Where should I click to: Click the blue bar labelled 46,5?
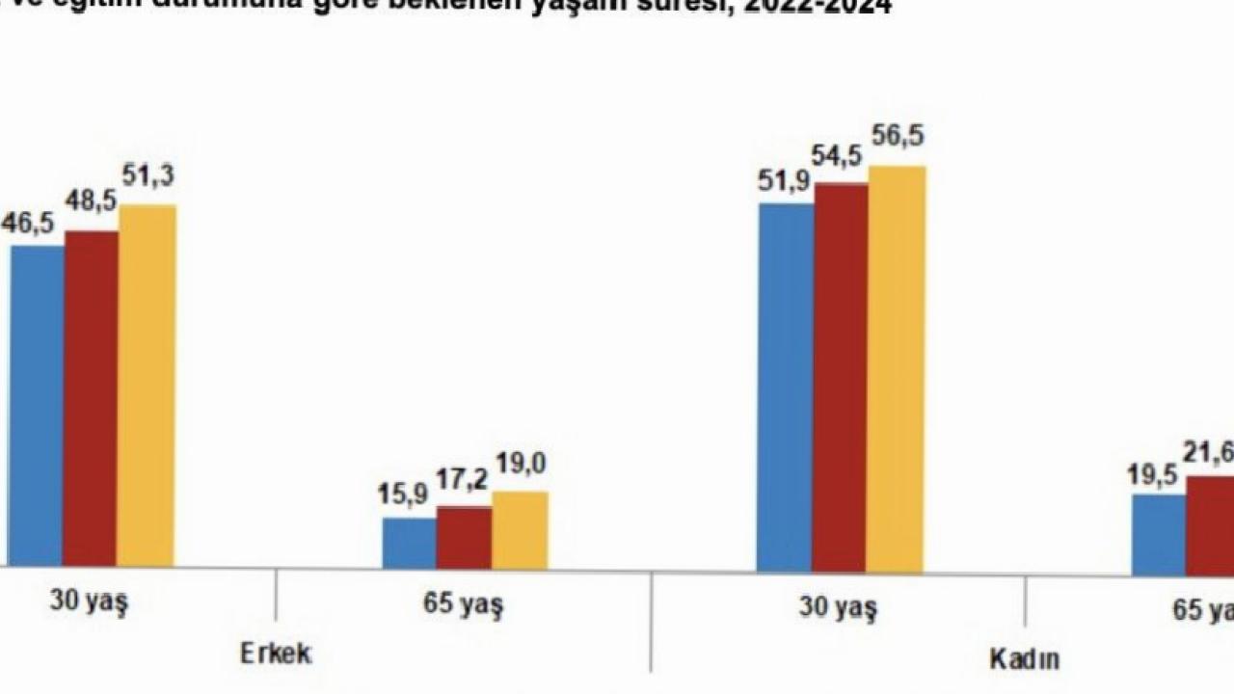[37, 405]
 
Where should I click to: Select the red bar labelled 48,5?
[92, 397]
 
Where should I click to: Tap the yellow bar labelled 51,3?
[147, 386]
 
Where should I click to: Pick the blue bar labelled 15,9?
[409, 543]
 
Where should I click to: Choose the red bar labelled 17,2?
[464, 537]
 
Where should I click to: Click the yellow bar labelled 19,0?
[520, 529]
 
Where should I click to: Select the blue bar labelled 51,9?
[785, 387]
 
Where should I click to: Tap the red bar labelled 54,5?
[840, 377]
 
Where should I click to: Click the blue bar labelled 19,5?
[1158, 534]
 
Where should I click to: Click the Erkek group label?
[277, 654]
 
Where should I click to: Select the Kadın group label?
[1024, 659]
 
